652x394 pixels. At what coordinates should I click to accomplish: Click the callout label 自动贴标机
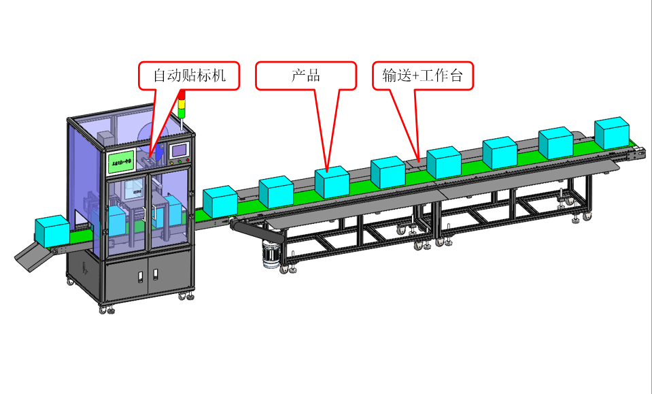pos(190,76)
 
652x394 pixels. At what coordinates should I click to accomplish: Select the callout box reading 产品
pos(306,76)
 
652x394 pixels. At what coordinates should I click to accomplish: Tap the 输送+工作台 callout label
pos(422,76)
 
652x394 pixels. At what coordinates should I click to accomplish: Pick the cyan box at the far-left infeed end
pos(52,231)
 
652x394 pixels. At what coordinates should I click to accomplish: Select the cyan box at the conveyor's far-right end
pos(612,133)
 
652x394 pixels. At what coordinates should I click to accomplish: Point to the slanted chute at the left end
pos(31,255)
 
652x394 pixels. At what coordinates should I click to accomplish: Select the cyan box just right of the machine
pos(220,201)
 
